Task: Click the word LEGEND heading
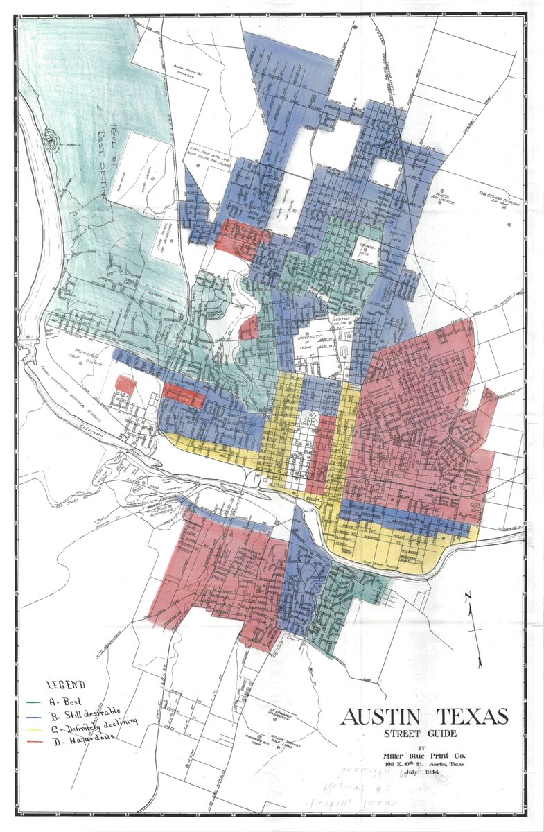(65, 685)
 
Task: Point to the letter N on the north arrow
(468, 596)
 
